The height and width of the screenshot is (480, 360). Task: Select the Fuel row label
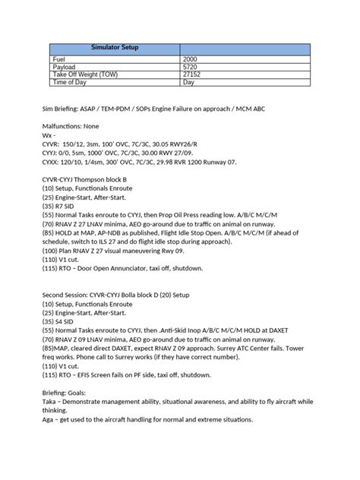[x=60, y=59]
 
